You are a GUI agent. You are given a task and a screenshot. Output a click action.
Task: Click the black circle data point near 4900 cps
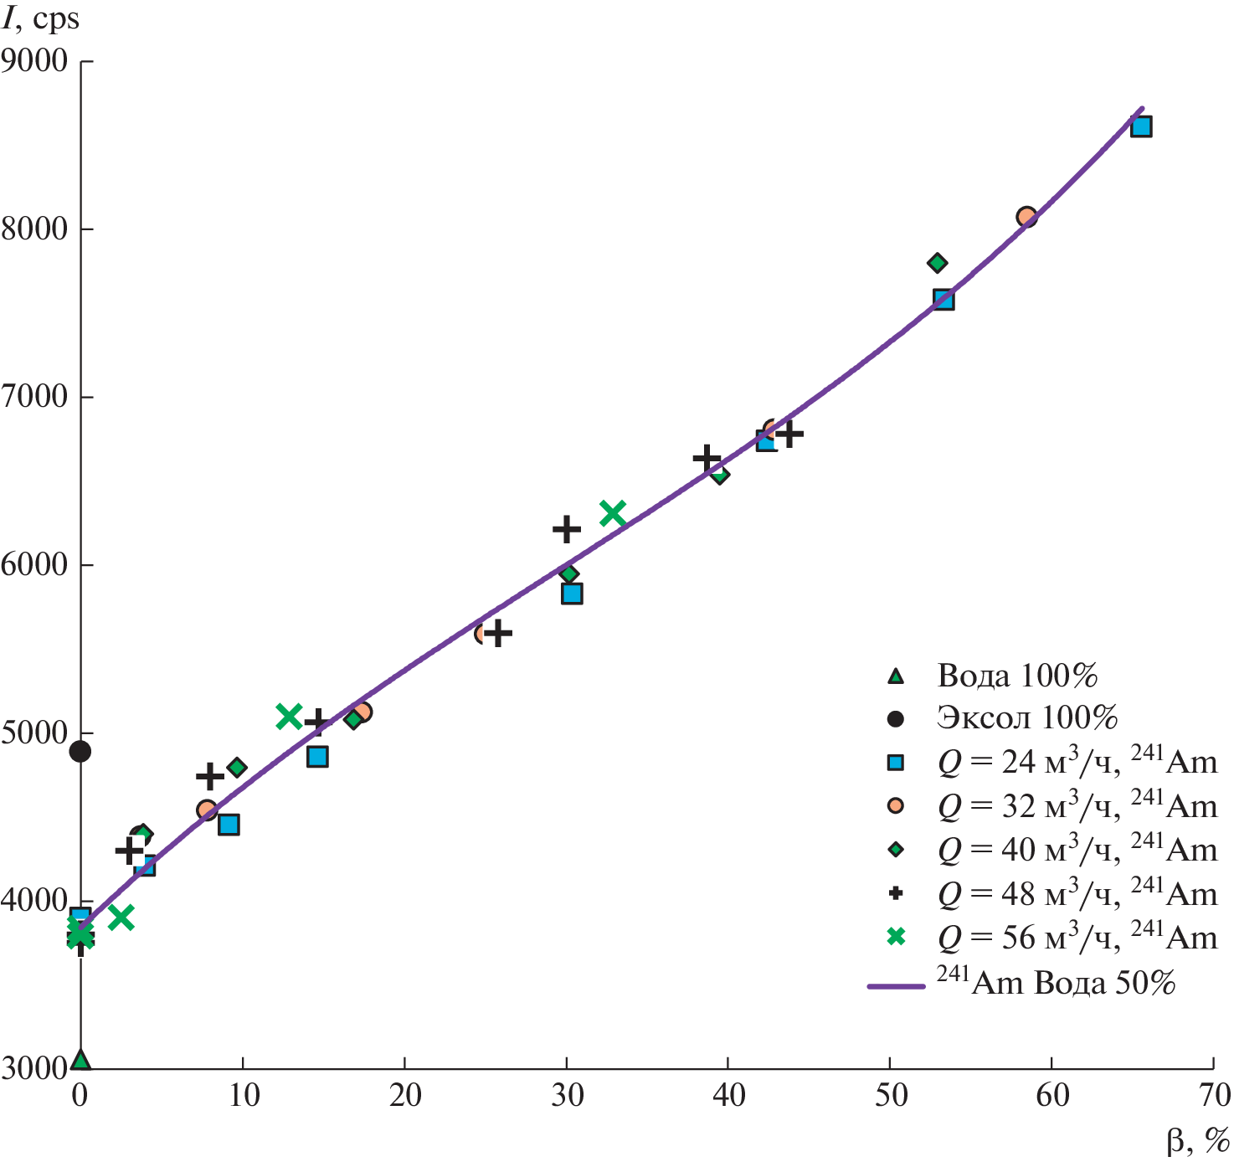(x=80, y=751)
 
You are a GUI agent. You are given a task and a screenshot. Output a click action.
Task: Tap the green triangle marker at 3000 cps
(x=80, y=1060)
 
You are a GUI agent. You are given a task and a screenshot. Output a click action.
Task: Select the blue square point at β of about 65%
(x=1141, y=126)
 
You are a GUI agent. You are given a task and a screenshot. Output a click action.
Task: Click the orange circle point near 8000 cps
(x=1026, y=217)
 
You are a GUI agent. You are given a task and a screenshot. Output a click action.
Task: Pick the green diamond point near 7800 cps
(x=937, y=263)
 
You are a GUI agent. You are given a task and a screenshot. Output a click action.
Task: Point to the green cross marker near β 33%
(x=613, y=513)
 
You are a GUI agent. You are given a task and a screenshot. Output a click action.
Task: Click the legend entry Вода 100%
(x=1016, y=676)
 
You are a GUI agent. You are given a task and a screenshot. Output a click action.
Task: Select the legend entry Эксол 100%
(x=1027, y=717)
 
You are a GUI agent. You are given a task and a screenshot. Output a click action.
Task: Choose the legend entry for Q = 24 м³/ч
(x=1077, y=762)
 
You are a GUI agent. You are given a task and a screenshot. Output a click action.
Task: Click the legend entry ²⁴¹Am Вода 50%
(x=1055, y=982)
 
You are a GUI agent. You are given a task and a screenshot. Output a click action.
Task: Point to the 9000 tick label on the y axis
(x=35, y=60)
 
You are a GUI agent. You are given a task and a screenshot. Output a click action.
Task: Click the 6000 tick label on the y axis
(x=35, y=564)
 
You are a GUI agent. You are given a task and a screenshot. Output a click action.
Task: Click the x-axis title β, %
(x=1197, y=1140)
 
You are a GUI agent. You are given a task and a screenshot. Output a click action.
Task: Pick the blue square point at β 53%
(x=943, y=300)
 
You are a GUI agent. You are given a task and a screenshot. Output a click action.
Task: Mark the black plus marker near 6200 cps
(x=567, y=529)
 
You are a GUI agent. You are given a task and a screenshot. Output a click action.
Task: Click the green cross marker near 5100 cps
(x=289, y=717)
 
